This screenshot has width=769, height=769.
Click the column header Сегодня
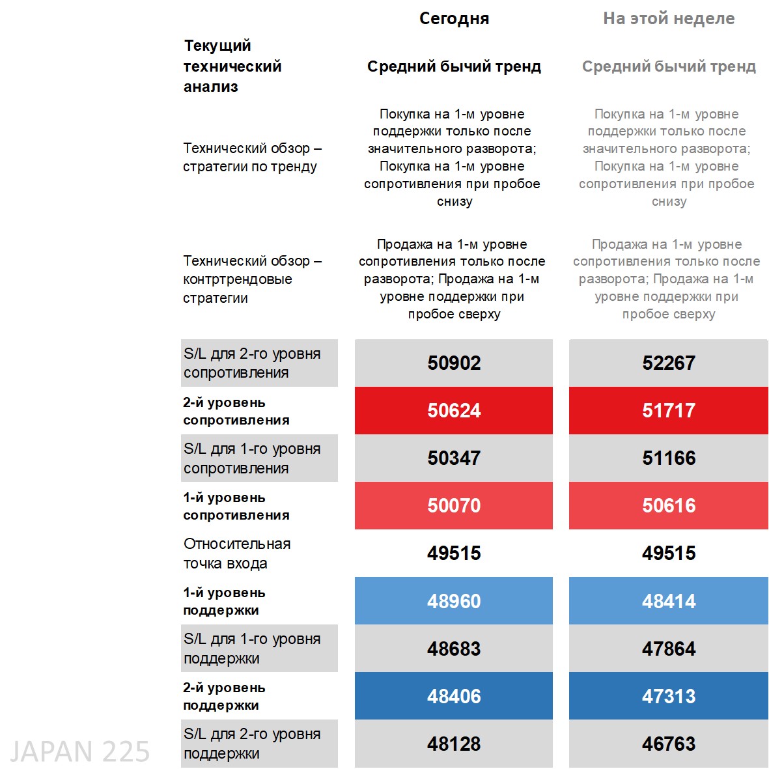pyautogui.click(x=454, y=19)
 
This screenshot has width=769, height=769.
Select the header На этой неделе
pyautogui.click(x=669, y=19)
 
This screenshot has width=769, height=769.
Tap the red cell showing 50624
pyautogui.click(x=454, y=410)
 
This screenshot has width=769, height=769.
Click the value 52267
pyautogui.click(x=669, y=363)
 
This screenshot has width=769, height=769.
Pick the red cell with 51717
pyautogui.click(x=669, y=410)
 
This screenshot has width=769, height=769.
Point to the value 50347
pyautogui.click(x=454, y=458)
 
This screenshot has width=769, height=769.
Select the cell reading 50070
pyautogui.click(x=454, y=505)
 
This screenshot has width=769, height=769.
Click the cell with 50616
pyautogui.click(x=669, y=505)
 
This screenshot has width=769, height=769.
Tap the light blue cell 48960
pyautogui.click(x=454, y=600)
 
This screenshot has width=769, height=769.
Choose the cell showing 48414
pyautogui.click(x=669, y=600)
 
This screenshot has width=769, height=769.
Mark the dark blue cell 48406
pyautogui.click(x=454, y=696)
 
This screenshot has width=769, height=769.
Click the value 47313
pyautogui.click(x=669, y=696)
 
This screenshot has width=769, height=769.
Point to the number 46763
pyautogui.click(x=669, y=744)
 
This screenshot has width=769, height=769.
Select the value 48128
pyautogui.click(x=454, y=744)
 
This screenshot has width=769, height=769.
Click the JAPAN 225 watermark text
pyautogui.click(x=79, y=752)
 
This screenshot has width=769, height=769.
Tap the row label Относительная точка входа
pyautogui.click(x=237, y=553)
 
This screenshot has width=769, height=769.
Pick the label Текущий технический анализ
pyautogui.click(x=232, y=66)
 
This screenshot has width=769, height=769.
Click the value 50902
pyautogui.click(x=454, y=363)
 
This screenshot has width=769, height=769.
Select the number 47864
pyautogui.click(x=669, y=649)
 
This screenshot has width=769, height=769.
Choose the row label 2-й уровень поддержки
pyautogui.click(x=224, y=696)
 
